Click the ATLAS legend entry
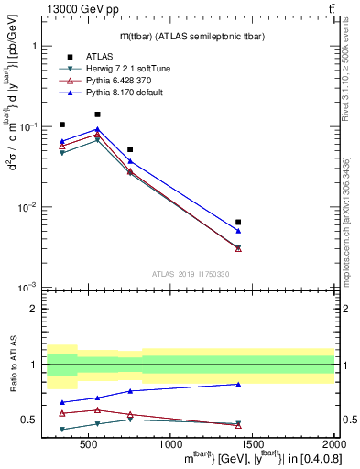[x=99, y=56]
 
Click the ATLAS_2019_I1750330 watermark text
[x=190, y=274]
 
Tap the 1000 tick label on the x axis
[x=170, y=444]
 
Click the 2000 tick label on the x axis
[x=333, y=444]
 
